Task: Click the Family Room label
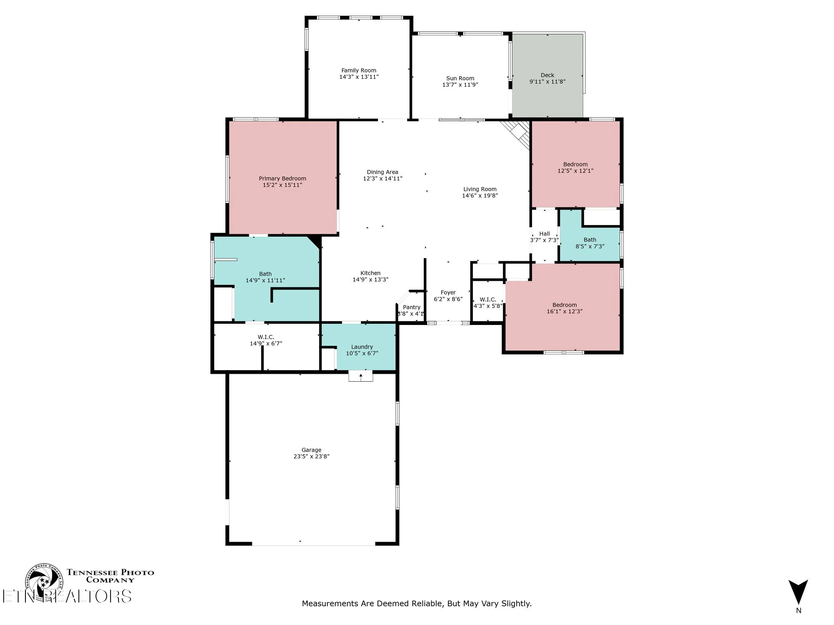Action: [359, 70]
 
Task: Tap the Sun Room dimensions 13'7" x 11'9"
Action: [460, 85]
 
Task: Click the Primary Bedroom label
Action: [282, 178]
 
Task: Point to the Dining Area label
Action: [382, 172]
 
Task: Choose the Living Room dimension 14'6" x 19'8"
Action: [480, 195]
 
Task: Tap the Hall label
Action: [544, 234]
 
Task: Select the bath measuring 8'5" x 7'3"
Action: [590, 243]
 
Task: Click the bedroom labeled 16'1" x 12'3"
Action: [564, 308]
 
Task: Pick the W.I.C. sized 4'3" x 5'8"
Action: [487, 303]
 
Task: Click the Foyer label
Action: [448, 292]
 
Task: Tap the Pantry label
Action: [412, 307]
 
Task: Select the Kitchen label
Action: [370, 273]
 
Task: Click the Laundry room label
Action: [362, 347]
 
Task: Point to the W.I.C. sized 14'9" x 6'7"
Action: [266, 340]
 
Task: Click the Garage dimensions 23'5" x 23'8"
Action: [311, 456]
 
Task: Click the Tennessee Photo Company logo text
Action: [110, 576]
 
